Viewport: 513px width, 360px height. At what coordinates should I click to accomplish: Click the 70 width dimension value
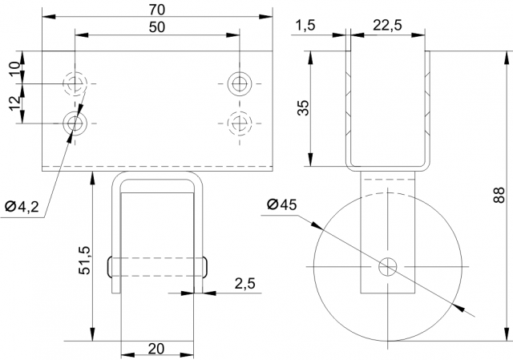tap(157, 10)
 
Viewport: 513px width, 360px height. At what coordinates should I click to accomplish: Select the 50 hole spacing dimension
tap(157, 27)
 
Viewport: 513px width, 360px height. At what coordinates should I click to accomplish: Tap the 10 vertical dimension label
tap(16, 68)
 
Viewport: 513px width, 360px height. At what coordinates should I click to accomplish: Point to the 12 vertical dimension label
tap(16, 103)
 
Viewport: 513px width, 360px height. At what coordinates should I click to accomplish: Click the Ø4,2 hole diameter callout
tap(22, 207)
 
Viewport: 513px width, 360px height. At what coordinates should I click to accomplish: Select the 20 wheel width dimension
tap(156, 349)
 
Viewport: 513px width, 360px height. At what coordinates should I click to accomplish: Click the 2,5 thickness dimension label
tap(244, 284)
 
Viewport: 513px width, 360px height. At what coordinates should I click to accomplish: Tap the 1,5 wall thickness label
tap(305, 25)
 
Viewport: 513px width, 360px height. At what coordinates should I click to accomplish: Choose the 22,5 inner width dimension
tap(388, 25)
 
